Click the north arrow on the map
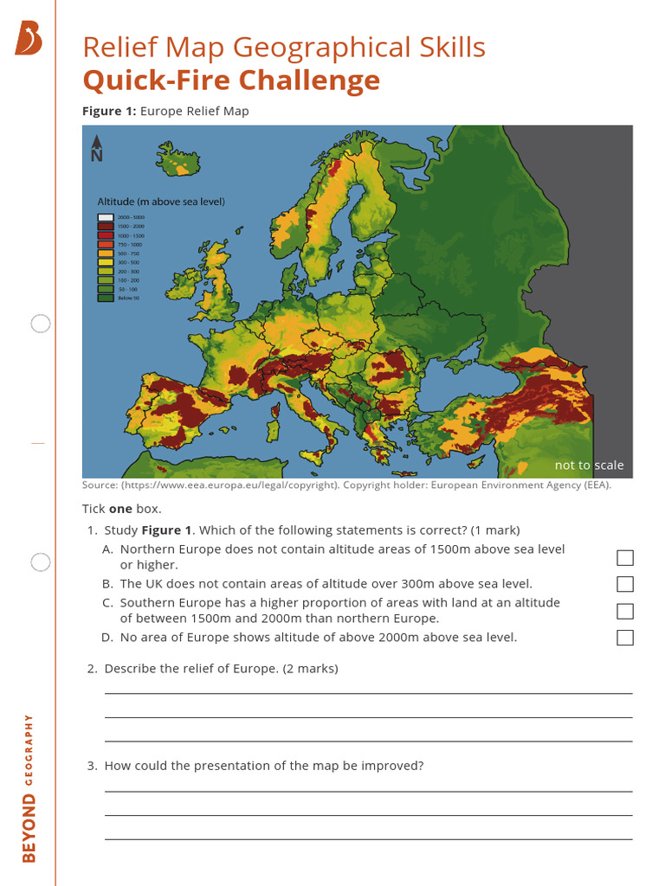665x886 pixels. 96,148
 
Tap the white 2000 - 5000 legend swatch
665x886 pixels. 106,217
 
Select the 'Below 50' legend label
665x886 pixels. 129,298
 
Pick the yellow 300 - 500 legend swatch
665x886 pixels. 106,262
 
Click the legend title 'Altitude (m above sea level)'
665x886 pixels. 160,202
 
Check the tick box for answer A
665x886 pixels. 625,557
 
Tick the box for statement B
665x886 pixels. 625,584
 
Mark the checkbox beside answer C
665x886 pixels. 625,611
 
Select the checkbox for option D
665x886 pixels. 625,638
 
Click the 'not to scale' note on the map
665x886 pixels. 589,465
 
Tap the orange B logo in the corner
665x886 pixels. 29,39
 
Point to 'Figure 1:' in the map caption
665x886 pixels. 109,111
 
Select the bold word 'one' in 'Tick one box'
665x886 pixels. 120,509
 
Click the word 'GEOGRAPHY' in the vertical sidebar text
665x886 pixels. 29,749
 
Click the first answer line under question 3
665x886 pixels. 368,791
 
